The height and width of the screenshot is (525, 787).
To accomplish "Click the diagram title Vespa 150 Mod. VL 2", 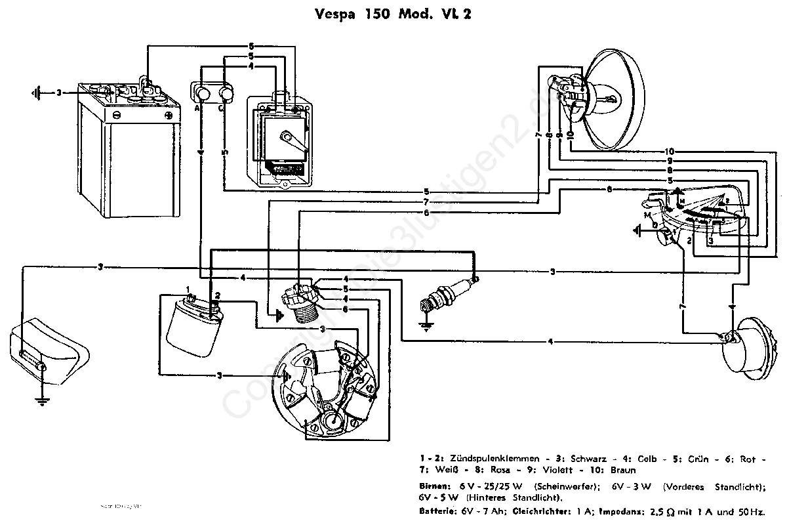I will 393,14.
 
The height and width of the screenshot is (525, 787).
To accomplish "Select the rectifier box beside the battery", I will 279,141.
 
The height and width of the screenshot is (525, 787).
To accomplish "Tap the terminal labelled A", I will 197,108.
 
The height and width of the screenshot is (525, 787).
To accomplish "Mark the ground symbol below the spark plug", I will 427,325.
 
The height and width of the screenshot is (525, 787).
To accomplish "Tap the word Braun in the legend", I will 622,469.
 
